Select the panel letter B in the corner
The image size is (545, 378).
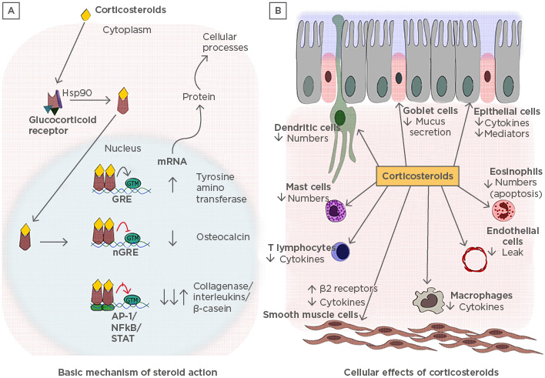coord(279,13)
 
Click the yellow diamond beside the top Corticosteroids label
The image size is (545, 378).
coord(85,15)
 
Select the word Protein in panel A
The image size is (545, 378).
coord(199,96)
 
